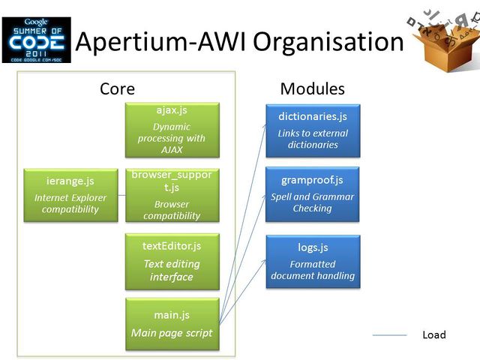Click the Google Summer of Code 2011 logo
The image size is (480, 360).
click(x=36, y=40)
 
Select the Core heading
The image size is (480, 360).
click(x=117, y=88)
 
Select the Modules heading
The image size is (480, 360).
click(x=312, y=88)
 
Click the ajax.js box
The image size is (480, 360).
click(x=172, y=129)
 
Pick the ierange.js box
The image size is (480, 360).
click(x=70, y=194)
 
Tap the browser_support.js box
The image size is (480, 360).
click(x=172, y=195)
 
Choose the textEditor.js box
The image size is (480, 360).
click(x=172, y=261)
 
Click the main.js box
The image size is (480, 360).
click(x=172, y=324)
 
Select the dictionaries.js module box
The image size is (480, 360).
click(x=312, y=130)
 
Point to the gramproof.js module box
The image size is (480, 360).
click(x=312, y=194)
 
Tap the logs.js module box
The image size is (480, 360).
click(x=312, y=261)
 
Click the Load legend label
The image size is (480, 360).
click(x=433, y=334)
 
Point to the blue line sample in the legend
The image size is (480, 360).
click(x=389, y=334)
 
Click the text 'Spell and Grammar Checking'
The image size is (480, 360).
click(x=312, y=202)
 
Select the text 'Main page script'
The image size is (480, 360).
click(x=172, y=333)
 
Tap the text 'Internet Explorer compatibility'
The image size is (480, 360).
click(x=70, y=203)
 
